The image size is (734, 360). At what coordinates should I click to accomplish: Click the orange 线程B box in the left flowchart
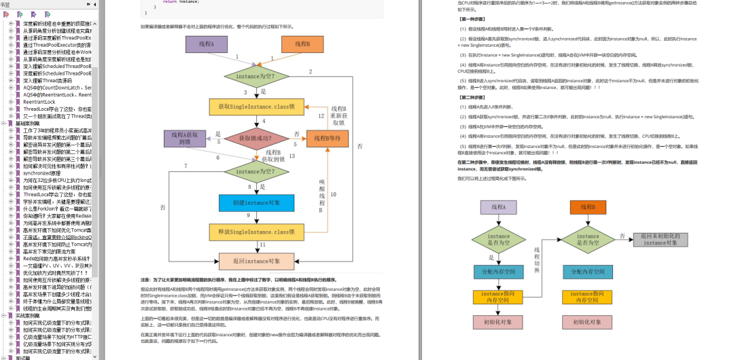[302, 45]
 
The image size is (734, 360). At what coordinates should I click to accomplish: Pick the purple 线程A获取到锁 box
[186, 139]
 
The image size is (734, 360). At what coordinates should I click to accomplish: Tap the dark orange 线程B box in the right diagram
[588, 207]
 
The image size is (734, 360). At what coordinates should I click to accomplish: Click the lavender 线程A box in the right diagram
[498, 207]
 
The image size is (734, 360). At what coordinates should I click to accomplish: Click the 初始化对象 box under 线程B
[588, 341]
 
